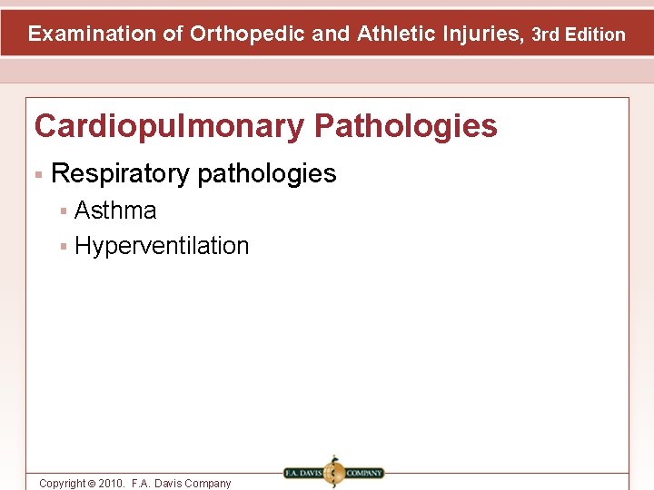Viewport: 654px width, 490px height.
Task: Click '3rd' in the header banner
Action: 547,35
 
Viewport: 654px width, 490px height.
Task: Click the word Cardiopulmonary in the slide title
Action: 168,126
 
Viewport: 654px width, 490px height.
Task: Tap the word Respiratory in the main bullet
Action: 121,173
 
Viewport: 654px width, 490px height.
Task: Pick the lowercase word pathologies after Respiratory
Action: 266,173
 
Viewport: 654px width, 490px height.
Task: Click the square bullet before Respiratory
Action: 39,173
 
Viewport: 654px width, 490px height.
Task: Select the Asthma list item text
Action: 115,211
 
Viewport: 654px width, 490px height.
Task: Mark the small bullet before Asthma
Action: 64,211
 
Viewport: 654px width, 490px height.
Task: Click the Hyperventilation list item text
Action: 162,246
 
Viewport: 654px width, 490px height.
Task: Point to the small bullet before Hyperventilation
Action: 64,247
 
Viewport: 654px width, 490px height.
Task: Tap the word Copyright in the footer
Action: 62,484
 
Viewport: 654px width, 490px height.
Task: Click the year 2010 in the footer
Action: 113,484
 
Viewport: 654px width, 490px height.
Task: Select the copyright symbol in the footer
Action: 90,484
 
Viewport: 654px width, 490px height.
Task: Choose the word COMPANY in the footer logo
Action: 364,473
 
